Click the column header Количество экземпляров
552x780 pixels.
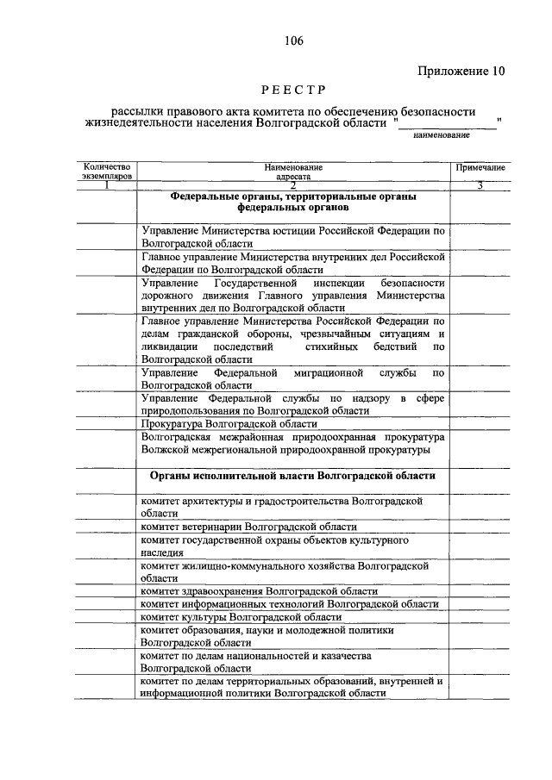104,171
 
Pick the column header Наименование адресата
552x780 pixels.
293,171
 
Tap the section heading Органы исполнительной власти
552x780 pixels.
293,475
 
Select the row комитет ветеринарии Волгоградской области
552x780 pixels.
249,526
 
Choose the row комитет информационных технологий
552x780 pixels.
291,604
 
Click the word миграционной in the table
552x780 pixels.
330,373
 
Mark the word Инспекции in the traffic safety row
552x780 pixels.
329,283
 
